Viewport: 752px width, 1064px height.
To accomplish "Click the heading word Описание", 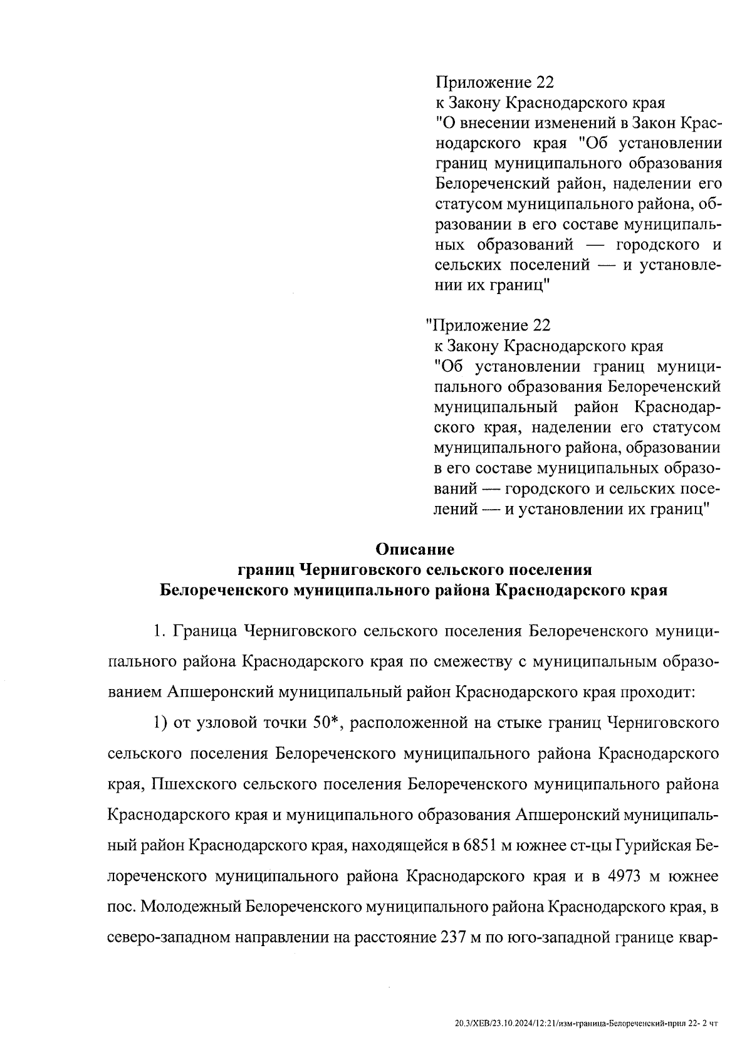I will coord(414,550).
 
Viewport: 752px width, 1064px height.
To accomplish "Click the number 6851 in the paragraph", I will coord(480,845).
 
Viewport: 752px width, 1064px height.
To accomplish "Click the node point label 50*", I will coord(325,723).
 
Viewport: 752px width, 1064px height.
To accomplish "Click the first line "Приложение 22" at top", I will coord(495,82).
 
